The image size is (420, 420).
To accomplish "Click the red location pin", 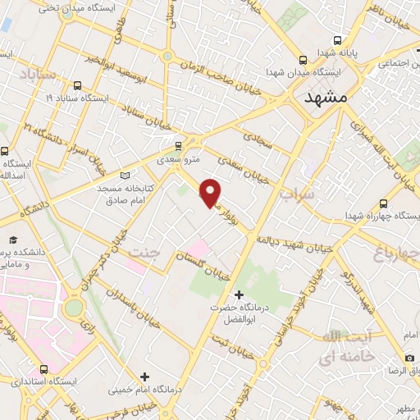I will (x=210, y=192).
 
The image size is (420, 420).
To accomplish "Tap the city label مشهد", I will (x=326, y=97).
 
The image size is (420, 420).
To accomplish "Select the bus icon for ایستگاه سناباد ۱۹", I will (x=78, y=85).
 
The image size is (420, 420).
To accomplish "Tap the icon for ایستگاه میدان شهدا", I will (x=304, y=60).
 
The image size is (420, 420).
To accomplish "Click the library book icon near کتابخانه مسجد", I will (x=125, y=175).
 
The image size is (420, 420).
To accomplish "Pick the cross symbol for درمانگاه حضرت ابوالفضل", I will (x=239, y=294).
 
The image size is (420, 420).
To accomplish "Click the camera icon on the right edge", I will (x=409, y=358).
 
